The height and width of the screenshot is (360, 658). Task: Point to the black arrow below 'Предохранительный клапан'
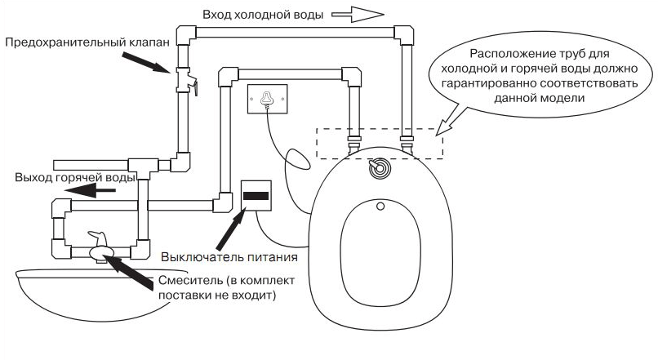click(148, 63)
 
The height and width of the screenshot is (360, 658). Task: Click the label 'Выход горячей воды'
click(75, 177)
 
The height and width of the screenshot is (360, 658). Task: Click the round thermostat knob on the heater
click(378, 169)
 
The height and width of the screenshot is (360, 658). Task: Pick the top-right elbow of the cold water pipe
click(405, 35)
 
